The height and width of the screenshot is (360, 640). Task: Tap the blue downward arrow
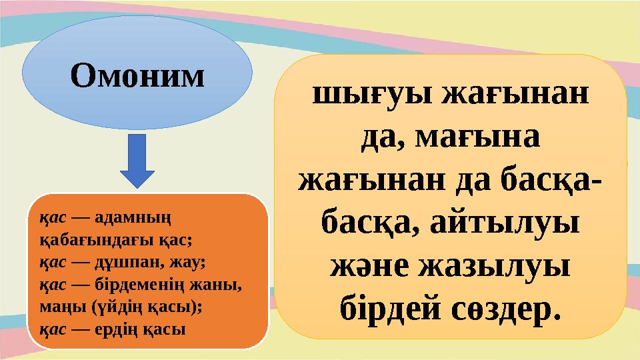pos(137,161)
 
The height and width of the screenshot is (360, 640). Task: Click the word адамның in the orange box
pos(136,219)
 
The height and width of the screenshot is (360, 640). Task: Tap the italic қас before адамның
pos(51,219)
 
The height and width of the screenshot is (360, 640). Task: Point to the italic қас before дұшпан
pos(51,256)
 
